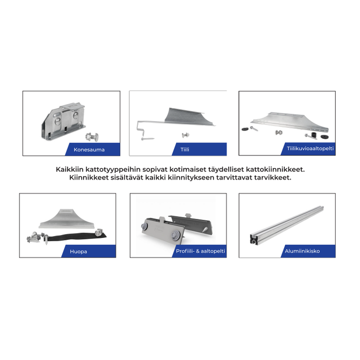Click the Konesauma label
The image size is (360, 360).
(89, 150)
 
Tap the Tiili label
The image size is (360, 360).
(185, 149)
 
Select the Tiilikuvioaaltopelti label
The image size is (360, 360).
(310, 148)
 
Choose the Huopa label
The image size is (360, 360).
(78, 252)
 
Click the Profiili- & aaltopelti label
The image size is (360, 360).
(200, 251)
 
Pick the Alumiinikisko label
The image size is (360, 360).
(302, 251)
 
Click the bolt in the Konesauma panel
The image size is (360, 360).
(92, 136)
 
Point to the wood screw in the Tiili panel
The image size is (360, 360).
(148, 139)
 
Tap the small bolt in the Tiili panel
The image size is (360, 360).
(185, 135)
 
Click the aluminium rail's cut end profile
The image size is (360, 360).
(254, 239)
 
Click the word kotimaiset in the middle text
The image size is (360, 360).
(187, 169)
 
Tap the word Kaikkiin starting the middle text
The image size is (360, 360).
(70, 169)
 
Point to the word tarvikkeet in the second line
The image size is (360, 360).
(273, 177)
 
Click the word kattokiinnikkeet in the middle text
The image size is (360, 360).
(275, 169)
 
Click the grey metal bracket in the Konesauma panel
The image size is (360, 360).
(63, 121)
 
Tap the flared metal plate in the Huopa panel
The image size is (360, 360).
(67, 219)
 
